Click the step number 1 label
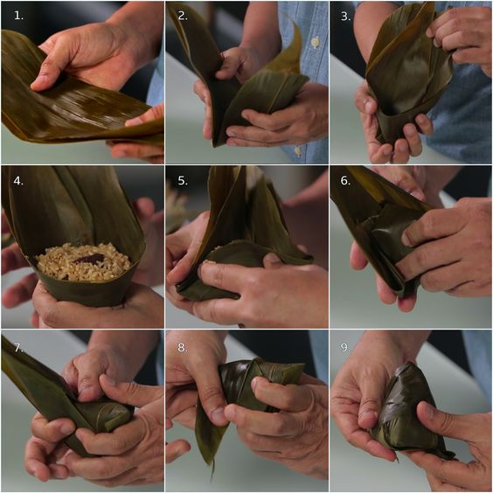(x=18, y=16)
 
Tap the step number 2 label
(x=183, y=16)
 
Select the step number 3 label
(x=346, y=17)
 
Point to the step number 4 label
(x=18, y=181)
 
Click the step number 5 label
(x=183, y=181)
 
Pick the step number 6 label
(x=346, y=181)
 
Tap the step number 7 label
(x=18, y=347)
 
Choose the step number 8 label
(x=183, y=347)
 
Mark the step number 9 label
(x=346, y=347)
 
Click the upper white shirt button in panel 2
(x=315, y=42)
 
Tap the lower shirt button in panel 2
(x=298, y=150)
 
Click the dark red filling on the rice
(x=89, y=258)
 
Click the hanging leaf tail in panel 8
(x=209, y=437)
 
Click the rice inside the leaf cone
(x=83, y=262)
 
